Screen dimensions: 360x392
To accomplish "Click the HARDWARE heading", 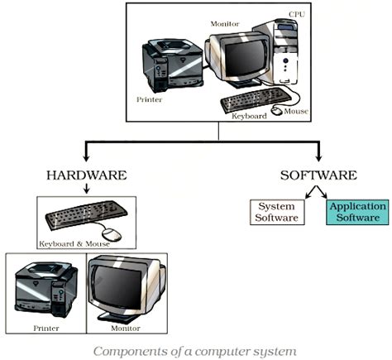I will tap(86, 175).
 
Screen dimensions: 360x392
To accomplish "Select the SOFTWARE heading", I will tap(318, 175).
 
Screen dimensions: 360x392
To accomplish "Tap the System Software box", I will tap(277, 212).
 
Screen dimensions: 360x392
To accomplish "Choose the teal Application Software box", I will tap(357, 212).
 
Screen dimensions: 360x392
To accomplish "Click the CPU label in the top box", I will tap(295, 14).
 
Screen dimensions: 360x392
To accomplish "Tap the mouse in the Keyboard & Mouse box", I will tap(111, 235).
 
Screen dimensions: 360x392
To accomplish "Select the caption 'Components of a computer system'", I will tap(194, 350).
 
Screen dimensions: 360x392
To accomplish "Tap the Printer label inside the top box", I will tap(150, 99).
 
